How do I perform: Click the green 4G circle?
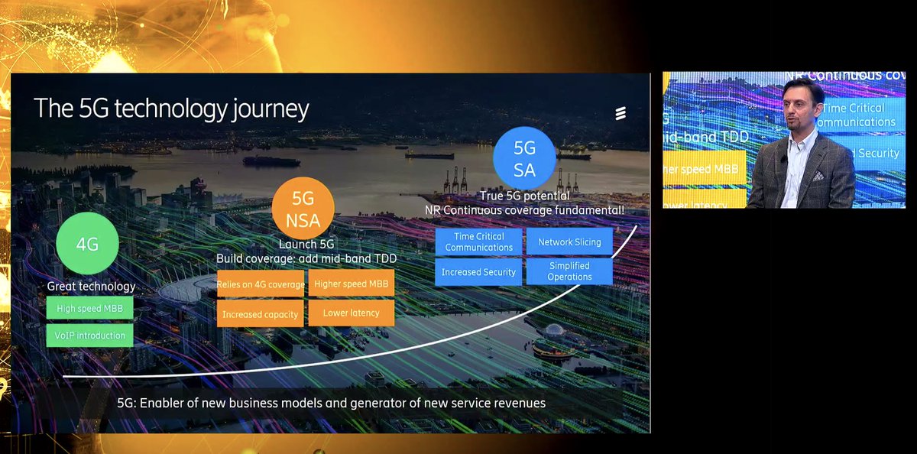click(88, 245)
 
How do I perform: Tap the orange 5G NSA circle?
click(303, 209)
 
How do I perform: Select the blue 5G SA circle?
click(524, 157)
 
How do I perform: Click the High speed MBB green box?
click(89, 309)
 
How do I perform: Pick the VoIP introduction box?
click(89, 335)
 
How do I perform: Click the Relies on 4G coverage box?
click(260, 285)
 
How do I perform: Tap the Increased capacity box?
click(260, 313)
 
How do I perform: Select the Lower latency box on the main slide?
click(352, 313)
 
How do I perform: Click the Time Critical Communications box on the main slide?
click(478, 242)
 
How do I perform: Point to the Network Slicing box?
click(569, 242)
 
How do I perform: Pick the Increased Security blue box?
click(478, 272)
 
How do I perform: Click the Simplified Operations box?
click(569, 271)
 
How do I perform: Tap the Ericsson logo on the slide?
click(621, 114)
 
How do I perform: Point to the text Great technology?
click(91, 287)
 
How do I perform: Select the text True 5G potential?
click(524, 196)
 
